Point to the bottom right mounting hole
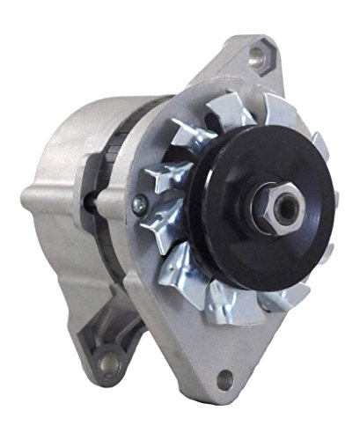pos(226,380)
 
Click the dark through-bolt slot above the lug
pos(89,198)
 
